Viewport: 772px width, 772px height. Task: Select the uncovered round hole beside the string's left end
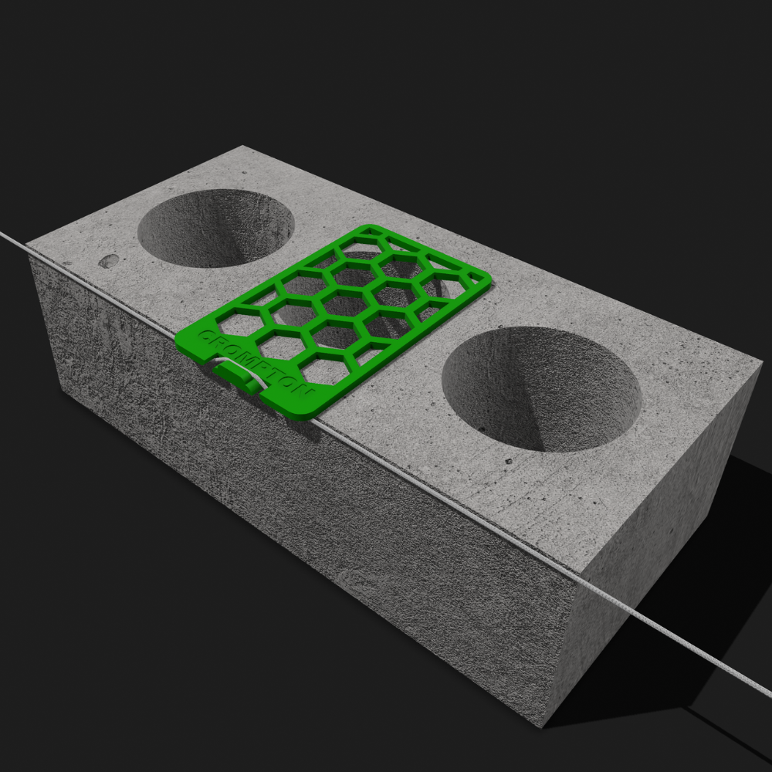pos(215,228)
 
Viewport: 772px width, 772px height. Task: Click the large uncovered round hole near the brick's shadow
pos(542,389)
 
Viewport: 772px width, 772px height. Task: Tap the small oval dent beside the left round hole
pos(108,261)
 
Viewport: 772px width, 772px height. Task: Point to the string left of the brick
pos(15,241)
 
